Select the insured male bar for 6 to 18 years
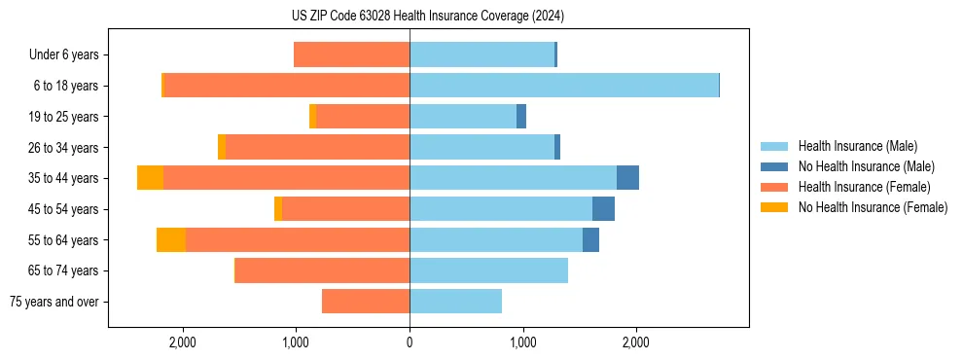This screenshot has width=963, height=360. (x=564, y=86)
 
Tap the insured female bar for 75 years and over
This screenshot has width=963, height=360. (x=366, y=302)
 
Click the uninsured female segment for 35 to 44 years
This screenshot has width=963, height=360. (x=150, y=178)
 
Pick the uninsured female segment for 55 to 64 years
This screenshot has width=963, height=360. (x=171, y=240)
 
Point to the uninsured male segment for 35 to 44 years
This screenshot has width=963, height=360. (x=627, y=178)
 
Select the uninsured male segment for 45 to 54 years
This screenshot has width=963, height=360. (x=603, y=209)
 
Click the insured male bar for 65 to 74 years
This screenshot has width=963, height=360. (x=488, y=270)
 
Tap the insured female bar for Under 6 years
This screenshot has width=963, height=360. (x=351, y=55)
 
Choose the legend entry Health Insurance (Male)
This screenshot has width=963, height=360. (x=857, y=146)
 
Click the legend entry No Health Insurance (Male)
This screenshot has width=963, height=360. (x=866, y=166)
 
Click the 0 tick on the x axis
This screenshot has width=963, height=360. (x=410, y=342)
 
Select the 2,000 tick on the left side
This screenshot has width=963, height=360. (x=183, y=342)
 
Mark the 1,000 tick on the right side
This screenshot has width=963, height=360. (x=522, y=342)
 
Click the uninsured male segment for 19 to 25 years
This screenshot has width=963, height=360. (x=521, y=117)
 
